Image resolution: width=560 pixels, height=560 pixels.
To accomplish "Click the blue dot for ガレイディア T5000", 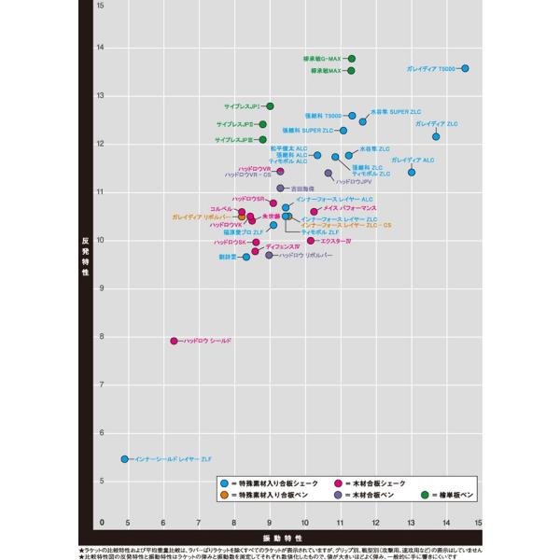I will tap(465, 68).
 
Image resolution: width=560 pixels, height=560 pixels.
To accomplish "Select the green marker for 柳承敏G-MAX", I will tap(352, 59).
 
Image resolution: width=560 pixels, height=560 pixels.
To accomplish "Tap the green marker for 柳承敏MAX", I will tap(352, 70).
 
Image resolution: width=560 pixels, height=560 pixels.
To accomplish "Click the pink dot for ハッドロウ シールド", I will tap(175, 341).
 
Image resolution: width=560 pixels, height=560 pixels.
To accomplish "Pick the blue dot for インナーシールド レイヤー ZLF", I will tap(125, 459).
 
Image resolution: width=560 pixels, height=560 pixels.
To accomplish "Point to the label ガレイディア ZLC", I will tap(437, 123).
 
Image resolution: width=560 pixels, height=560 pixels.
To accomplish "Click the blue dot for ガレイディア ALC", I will tap(412, 172).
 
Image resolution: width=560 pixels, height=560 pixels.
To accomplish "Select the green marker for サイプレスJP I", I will tap(271, 106).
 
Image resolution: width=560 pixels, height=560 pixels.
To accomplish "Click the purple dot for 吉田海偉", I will tap(281, 189).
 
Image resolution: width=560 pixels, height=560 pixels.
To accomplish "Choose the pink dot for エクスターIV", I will tap(311, 241).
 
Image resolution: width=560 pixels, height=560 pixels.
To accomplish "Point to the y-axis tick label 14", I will tap(100, 47).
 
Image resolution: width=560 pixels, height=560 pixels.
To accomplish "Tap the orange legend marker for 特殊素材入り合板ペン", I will tap(224, 496).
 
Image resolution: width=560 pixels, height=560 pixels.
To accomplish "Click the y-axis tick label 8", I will tap(101, 336).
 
